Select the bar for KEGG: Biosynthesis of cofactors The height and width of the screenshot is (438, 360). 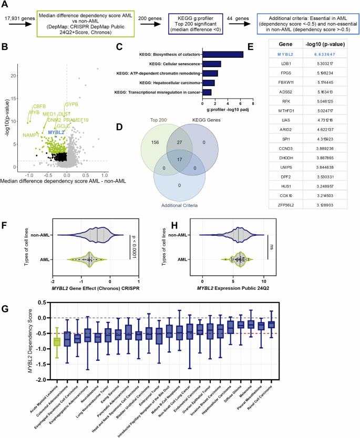223,54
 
